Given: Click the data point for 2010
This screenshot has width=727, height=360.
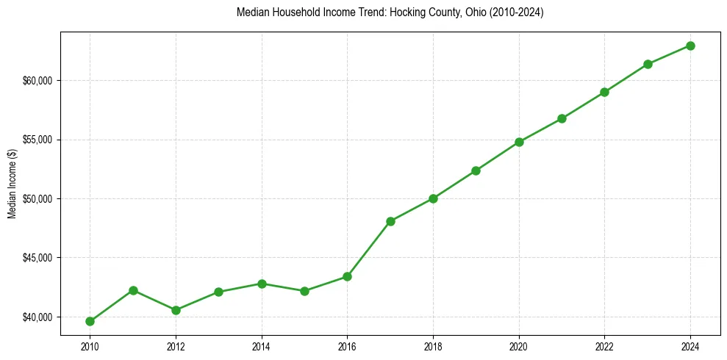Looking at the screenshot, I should [x=90, y=321].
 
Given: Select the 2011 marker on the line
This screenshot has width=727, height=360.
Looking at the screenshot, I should [x=133, y=290].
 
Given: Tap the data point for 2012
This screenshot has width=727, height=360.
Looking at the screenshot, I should [x=176, y=310].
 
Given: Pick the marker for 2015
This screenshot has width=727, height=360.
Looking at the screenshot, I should [x=304, y=291].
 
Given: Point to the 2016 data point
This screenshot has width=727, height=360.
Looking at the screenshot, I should [x=347, y=276].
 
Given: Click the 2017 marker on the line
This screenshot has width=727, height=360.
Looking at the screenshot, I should [x=390, y=221].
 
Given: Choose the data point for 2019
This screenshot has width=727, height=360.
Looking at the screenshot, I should [x=476, y=170].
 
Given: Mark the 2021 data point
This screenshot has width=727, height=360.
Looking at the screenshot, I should [x=562, y=118].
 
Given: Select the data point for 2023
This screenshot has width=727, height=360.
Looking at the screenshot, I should [x=648, y=64].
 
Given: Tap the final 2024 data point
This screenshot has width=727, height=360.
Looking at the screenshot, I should [x=690, y=46].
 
